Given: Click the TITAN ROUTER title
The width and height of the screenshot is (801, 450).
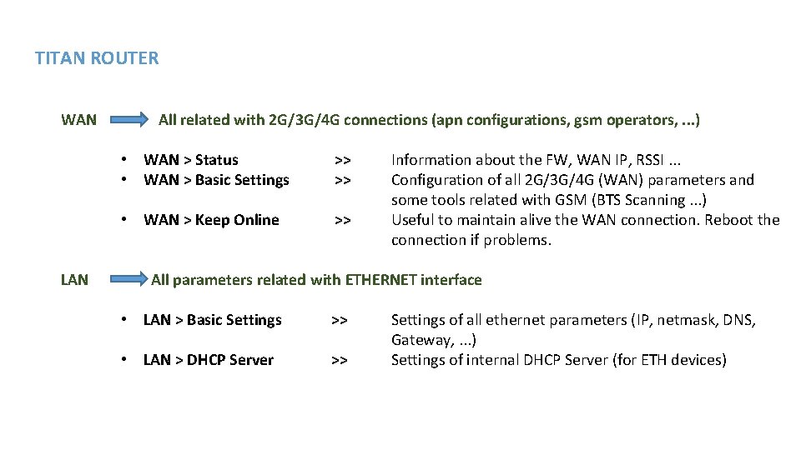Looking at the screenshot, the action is pos(97,58).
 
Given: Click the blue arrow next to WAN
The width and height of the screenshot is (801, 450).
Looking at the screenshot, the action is pos(128,121).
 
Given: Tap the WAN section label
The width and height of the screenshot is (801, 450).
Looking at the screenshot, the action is pos(78,120).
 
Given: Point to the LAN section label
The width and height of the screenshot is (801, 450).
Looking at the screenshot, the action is pos(74,280).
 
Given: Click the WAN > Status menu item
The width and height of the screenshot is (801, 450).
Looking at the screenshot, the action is pos(191,160).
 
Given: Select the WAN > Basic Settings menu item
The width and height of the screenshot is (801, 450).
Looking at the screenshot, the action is pos(216,180).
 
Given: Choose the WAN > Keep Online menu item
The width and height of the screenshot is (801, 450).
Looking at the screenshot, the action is pos(211,220).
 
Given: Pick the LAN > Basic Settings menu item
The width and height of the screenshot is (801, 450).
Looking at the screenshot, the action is pos(213,320).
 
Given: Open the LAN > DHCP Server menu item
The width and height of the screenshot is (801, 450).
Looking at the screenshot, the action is pos(209,360).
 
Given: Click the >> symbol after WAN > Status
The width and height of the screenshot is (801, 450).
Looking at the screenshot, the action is pos(342,160).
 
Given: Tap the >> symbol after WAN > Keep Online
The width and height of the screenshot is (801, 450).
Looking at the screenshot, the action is pos(342,220).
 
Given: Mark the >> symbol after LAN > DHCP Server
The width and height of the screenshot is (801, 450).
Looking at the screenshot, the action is pos(339,360).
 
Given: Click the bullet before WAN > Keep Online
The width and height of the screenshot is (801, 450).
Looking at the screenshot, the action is pos(123,220).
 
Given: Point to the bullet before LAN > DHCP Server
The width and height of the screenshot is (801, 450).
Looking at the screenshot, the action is pos(123,360).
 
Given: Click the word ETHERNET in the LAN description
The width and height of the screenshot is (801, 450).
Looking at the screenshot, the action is pos(380,280).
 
